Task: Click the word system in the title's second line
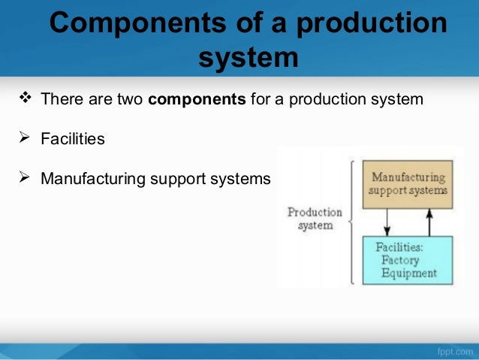coord(248,57)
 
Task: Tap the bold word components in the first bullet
coord(197,99)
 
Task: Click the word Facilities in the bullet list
coord(73,140)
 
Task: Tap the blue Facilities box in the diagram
coord(408,260)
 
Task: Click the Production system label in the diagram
coord(315,219)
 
